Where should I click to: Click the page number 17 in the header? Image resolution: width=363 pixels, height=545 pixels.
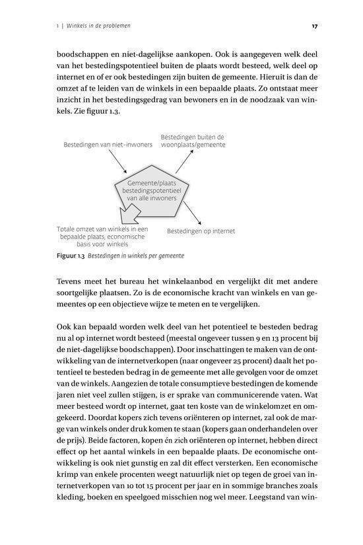click(315, 26)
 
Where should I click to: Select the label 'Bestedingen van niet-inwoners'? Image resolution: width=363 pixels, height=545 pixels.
click(108, 143)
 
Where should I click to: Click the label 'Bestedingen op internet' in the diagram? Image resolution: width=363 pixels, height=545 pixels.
click(201, 231)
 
